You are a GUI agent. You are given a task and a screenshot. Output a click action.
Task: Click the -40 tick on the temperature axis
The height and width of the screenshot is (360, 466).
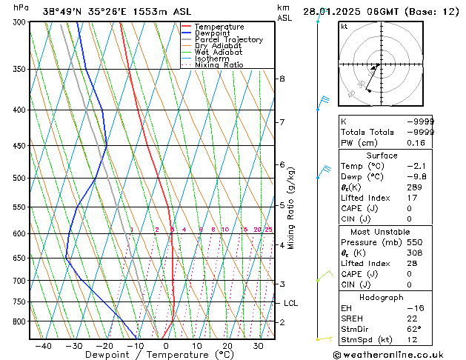[x=43, y=345]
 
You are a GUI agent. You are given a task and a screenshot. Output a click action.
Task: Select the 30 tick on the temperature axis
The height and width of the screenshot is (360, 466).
[x=259, y=345]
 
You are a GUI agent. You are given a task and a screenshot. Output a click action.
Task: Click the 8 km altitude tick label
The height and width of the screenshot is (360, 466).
[x=282, y=79]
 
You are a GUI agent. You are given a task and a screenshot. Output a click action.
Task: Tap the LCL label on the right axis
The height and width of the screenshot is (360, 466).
[x=291, y=303]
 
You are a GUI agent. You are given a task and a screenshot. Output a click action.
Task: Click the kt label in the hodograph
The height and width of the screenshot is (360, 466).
[x=344, y=27]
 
